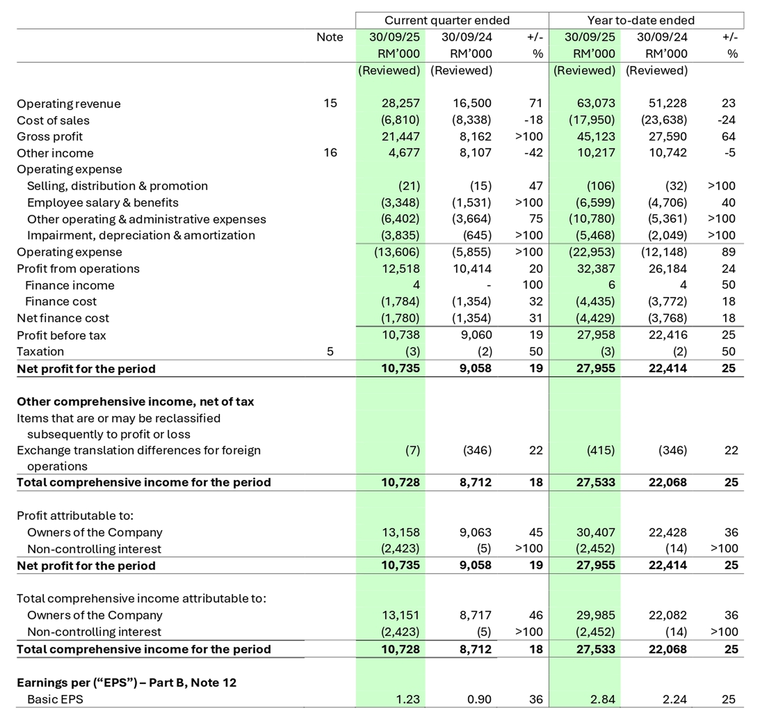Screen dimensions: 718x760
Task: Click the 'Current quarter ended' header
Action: point(447,20)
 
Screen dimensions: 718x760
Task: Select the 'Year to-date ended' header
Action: point(641,20)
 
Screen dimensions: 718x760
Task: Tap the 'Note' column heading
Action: point(329,37)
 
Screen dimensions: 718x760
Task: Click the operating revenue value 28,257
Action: point(400,103)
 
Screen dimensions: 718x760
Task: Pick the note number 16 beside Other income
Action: point(330,152)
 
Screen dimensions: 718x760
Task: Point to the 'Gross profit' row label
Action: point(50,136)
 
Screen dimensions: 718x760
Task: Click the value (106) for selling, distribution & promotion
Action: point(600,186)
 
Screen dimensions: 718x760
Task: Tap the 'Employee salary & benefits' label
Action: point(103,202)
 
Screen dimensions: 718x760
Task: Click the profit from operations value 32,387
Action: point(596,269)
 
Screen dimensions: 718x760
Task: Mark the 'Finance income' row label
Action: point(70,285)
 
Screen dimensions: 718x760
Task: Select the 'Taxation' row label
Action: point(40,351)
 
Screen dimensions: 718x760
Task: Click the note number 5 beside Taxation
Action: point(330,351)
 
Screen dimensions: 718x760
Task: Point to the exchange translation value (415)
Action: point(600,450)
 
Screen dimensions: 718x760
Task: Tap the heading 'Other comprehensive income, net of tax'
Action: point(135,401)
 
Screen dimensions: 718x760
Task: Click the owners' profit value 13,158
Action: point(400,532)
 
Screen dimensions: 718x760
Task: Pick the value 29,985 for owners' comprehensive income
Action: point(596,615)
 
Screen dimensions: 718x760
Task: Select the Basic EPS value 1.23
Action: point(407,699)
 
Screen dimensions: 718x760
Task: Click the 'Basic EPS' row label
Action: point(55,699)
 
